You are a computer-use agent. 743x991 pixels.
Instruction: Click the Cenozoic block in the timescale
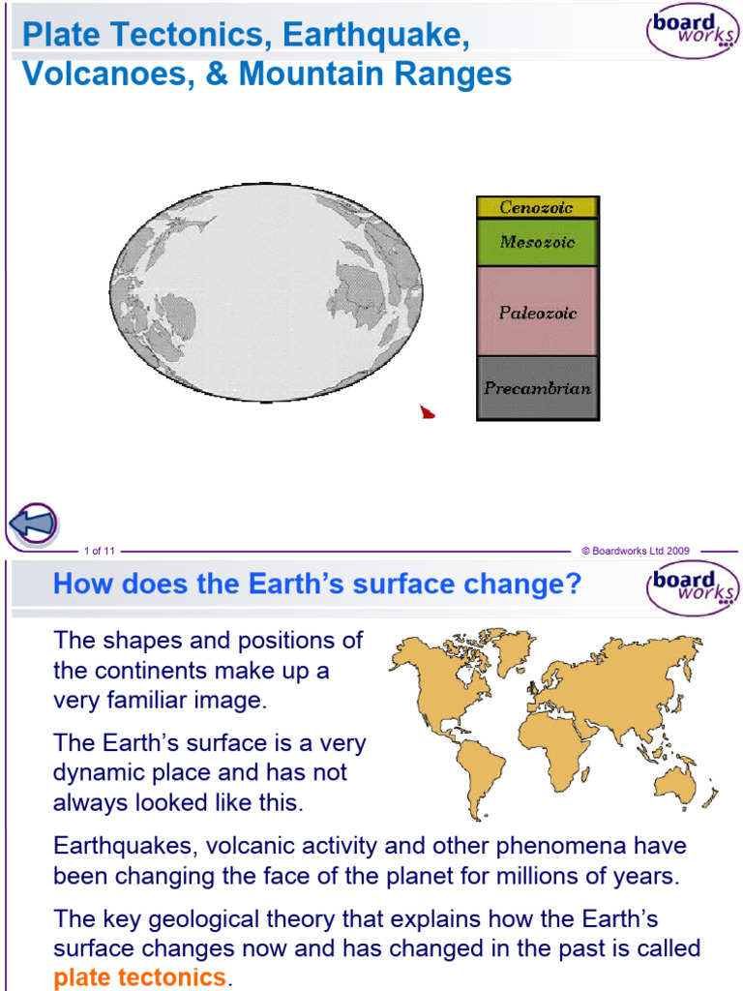pyautogui.click(x=537, y=207)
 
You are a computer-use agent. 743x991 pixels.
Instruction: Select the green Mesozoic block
pyautogui.click(x=537, y=242)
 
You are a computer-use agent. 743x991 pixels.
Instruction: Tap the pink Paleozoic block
pyautogui.click(x=537, y=312)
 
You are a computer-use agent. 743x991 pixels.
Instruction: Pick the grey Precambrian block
pyautogui.click(x=537, y=388)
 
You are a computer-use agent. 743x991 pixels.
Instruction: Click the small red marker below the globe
pyautogui.click(x=427, y=413)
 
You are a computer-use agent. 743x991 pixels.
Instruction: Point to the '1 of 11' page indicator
pyautogui.click(x=100, y=551)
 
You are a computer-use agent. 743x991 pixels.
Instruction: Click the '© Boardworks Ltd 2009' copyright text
pyautogui.click(x=635, y=551)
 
